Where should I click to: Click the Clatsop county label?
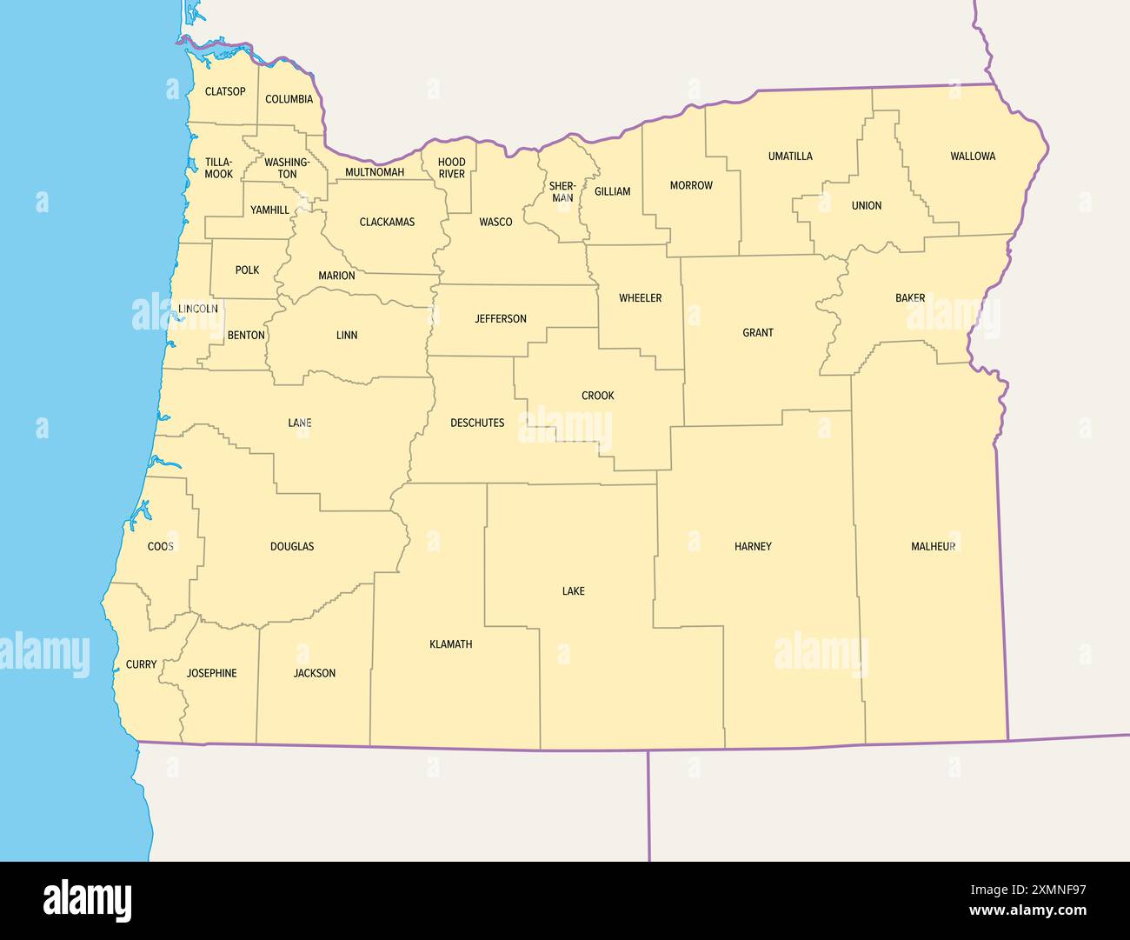coord(225,91)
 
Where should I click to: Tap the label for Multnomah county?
coord(375,172)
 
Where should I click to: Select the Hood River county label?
coord(452,168)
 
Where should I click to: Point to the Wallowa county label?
coord(973,157)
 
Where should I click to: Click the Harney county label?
coord(753,547)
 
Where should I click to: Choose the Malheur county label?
coord(934,547)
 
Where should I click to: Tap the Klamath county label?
coord(451,644)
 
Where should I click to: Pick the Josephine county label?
coord(211,673)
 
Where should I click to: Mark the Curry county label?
coord(142,664)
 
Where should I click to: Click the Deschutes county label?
coord(477,423)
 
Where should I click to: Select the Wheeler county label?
coord(641,298)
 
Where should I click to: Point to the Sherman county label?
coord(562,191)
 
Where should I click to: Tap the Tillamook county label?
coord(219,168)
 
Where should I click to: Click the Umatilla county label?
coord(790,157)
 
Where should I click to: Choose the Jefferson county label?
coord(501,319)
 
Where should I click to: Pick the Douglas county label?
coord(292,547)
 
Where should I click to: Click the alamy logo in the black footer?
coord(88,900)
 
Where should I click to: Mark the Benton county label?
coord(246,336)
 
